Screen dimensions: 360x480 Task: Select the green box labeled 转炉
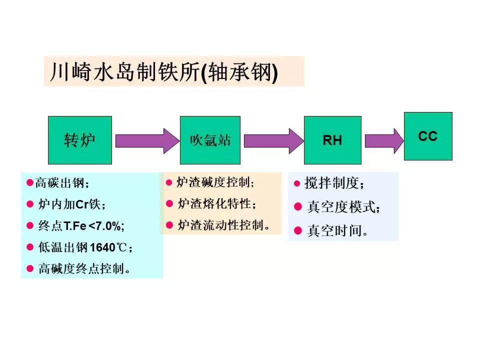pyautogui.click(x=79, y=140)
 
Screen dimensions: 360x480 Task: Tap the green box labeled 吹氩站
pyautogui.click(x=210, y=140)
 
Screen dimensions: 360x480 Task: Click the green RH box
pyautogui.click(x=332, y=140)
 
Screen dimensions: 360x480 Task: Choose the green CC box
pyautogui.click(x=427, y=136)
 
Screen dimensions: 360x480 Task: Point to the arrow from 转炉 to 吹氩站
pyautogui.click(x=146, y=140)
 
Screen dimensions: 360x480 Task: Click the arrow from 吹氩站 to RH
pyautogui.click(x=272, y=140)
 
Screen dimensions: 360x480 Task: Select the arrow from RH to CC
pyautogui.click(x=383, y=140)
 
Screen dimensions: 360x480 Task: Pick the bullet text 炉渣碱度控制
pyautogui.click(x=215, y=182)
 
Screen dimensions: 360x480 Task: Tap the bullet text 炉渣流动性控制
pyautogui.click(x=223, y=225)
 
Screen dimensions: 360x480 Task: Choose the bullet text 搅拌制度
pyautogui.click(x=335, y=183)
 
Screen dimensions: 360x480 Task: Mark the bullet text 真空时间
pyautogui.click(x=337, y=231)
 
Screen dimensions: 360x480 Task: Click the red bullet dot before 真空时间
pyautogui.click(x=298, y=230)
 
